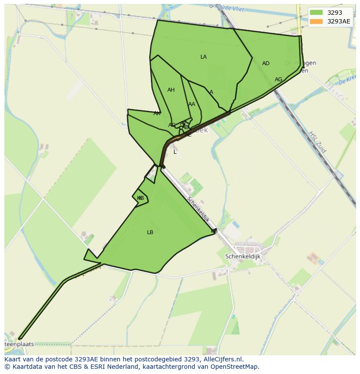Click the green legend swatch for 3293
316,13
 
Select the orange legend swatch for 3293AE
316,21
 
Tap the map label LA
203,57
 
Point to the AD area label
266,63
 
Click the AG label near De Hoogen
278,79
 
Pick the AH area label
171,90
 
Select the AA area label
192,104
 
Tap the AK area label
157,113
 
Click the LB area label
150,232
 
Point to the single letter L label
175,152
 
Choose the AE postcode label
188,135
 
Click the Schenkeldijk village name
243,257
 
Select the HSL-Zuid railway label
317,142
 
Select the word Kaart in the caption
13,359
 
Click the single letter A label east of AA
211,92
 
